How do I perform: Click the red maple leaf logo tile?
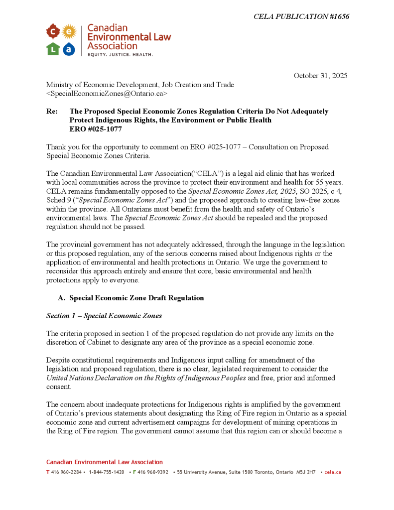pos(53,32)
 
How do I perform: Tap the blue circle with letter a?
pos(69,48)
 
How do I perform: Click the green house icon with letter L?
pos(53,48)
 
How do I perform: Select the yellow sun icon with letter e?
pos(69,32)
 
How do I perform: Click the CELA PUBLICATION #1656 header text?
pos(301,16)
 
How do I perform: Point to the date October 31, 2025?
pos(320,76)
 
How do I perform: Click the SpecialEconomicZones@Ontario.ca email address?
pos(107,93)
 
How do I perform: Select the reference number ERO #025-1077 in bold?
pos(96,129)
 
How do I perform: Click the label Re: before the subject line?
pos(52,112)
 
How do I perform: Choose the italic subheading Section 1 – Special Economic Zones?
pos(104,316)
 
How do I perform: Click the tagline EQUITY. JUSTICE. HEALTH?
pos(120,54)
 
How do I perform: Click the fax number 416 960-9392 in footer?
pos(152,472)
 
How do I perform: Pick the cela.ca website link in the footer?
pos(333,472)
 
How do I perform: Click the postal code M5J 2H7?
pos(306,472)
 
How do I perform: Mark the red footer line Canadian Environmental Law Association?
pos(105,462)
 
